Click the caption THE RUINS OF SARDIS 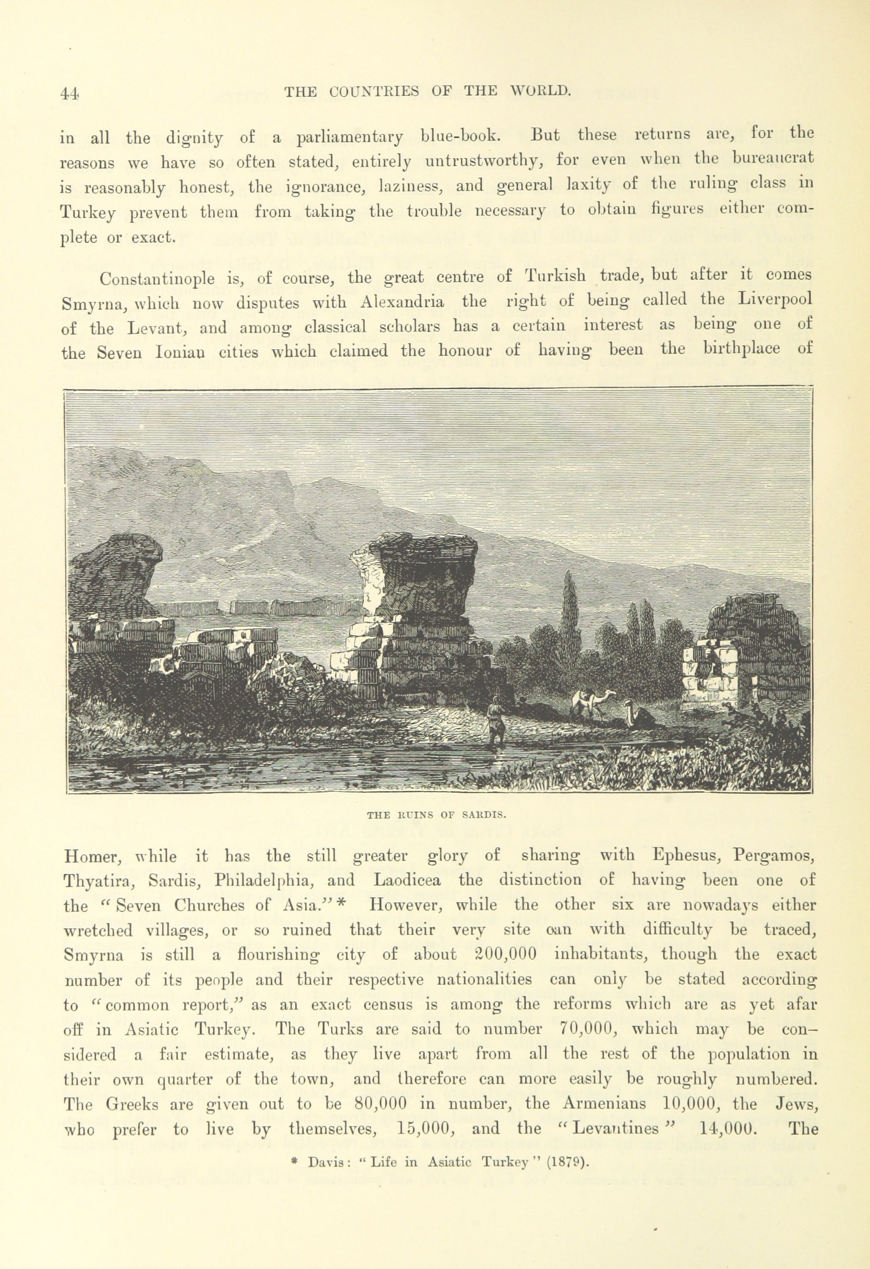[x=437, y=815]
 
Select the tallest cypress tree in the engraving [x=570, y=611]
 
